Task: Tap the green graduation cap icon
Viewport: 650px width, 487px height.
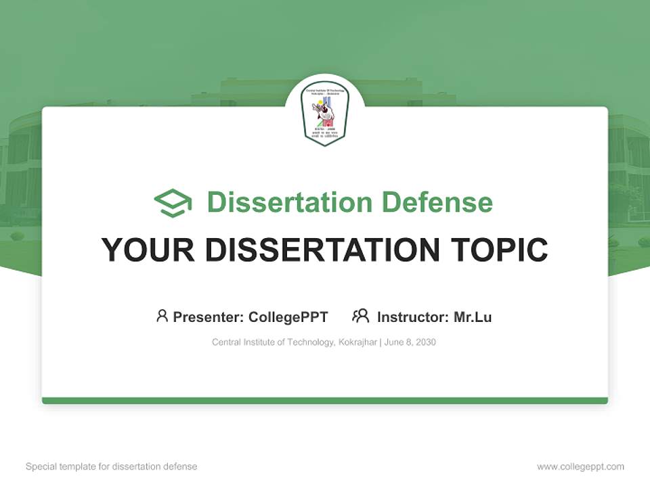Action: pyautogui.click(x=173, y=203)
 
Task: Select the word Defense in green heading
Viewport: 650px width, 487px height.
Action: pyautogui.click(x=437, y=202)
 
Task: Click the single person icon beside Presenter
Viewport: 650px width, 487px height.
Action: pyautogui.click(x=162, y=316)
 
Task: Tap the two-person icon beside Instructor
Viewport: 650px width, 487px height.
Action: pyautogui.click(x=360, y=316)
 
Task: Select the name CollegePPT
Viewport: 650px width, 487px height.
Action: pyautogui.click(x=288, y=317)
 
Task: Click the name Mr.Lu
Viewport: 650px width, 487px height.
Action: pyautogui.click(x=473, y=317)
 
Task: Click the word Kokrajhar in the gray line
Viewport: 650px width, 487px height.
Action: pyautogui.click(x=357, y=342)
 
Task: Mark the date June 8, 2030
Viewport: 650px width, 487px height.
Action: pyautogui.click(x=410, y=342)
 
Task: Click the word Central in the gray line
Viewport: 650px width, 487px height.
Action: pyautogui.click(x=226, y=342)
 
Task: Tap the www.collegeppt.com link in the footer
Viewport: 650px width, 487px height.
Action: pyautogui.click(x=580, y=467)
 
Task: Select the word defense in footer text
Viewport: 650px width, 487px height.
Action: pyautogui.click(x=181, y=467)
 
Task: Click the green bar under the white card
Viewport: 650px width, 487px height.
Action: pyautogui.click(x=325, y=400)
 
